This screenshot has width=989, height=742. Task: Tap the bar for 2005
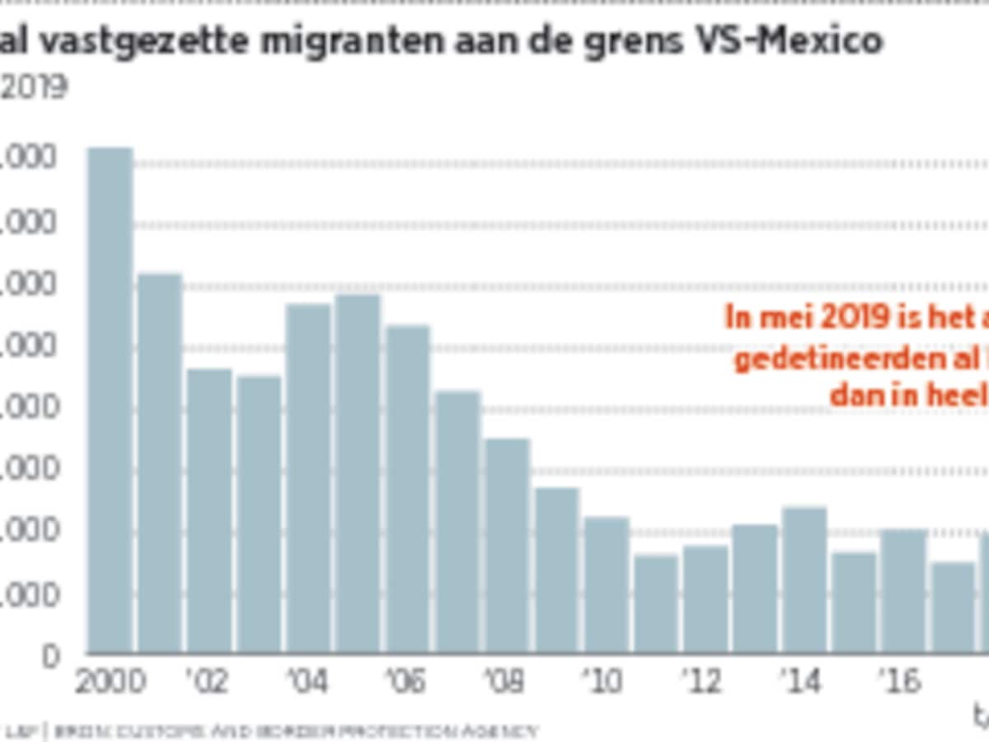pyautogui.click(x=358, y=473)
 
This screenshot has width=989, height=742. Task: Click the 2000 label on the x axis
pyautogui.click(x=110, y=682)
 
